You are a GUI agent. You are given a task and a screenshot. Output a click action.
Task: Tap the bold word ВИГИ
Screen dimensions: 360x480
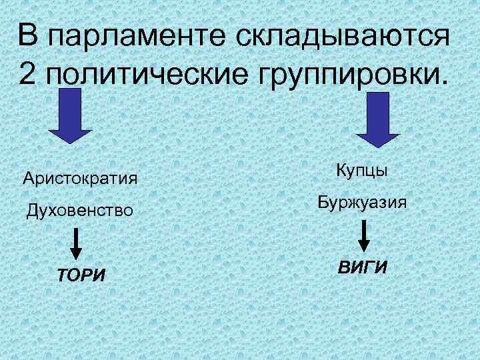click(363, 267)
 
